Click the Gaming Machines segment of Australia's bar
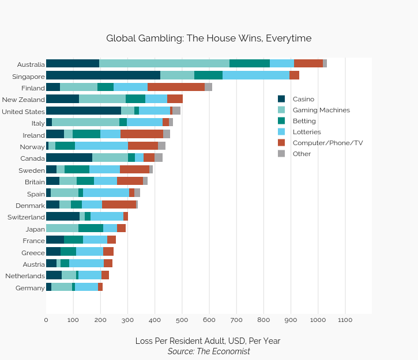click(164, 63)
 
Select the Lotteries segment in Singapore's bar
click(256, 75)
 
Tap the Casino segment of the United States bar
click(84, 111)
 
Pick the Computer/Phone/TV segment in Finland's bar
click(176, 87)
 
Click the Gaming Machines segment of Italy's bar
click(85, 123)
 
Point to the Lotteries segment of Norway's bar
click(101, 146)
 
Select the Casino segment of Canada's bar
click(69, 158)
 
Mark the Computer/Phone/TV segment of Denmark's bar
click(119, 205)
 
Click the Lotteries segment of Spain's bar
click(106, 193)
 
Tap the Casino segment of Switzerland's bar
click(63, 217)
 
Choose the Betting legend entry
click(304, 121)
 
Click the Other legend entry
click(302, 154)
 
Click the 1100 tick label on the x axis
click(345, 319)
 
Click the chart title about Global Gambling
click(209, 39)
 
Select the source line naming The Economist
click(209, 351)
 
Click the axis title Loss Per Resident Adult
click(208, 340)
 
